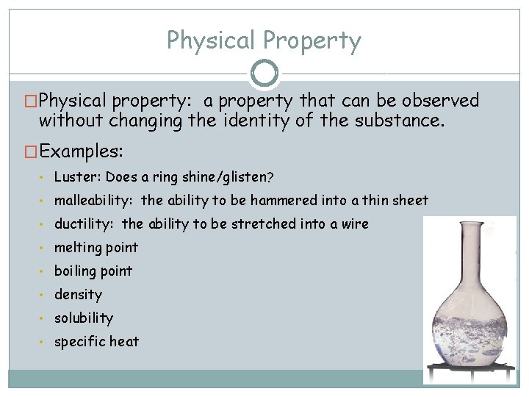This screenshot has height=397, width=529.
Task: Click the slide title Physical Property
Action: pyautogui.click(x=264, y=40)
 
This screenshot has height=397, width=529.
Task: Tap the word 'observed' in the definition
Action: pyautogui.click(x=434, y=101)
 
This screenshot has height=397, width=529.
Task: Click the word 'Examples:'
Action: pyautogui.click(x=82, y=151)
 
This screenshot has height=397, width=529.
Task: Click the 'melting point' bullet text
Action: pyautogui.click(x=96, y=247)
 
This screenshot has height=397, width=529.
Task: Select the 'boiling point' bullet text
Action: pyautogui.click(x=93, y=271)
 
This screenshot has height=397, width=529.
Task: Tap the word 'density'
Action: pyautogui.click(x=78, y=294)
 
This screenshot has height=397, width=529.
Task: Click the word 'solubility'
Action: pyautogui.click(x=84, y=318)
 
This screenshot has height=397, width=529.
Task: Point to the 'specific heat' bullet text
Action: pyautogui.click(x=96, y=341)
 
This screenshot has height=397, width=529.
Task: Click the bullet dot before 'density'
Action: pyautogui.click(x=46, y=295)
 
